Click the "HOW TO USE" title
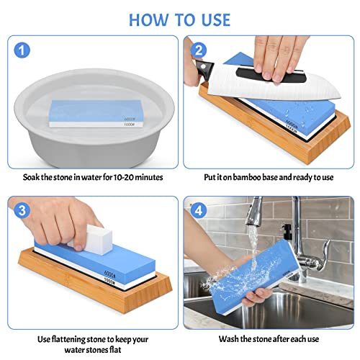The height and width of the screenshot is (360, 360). (x=179, y=18)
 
